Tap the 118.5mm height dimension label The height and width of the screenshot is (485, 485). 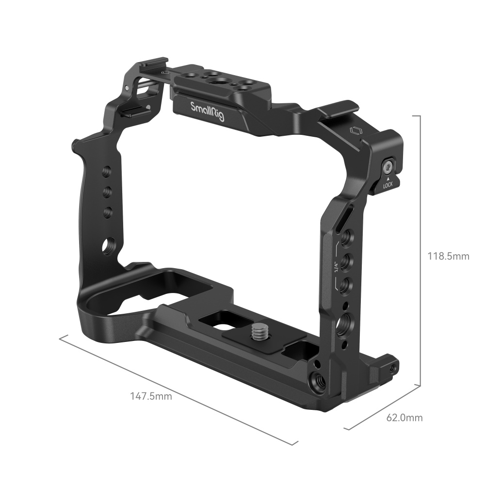tap(448, 256)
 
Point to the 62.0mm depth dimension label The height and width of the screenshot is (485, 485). tap(404, 417)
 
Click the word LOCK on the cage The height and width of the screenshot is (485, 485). tap(388, 185)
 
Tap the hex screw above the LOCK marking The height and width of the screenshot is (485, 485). tap(388, 168)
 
